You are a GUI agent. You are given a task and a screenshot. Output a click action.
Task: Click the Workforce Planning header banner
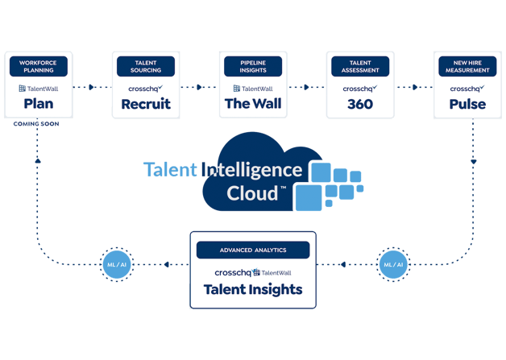tap(39, 66)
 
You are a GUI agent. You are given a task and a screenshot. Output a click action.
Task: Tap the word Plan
tap(39, 104)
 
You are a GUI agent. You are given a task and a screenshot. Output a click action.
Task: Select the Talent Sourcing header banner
tap(146, 66)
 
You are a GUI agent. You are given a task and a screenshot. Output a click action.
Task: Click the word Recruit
tap(146, 104)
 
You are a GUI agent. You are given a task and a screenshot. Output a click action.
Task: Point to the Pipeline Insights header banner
tap(253, 66)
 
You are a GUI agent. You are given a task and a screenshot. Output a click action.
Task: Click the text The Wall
tap(253, 104)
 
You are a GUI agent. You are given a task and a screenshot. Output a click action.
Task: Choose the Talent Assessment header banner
tap(360, 66)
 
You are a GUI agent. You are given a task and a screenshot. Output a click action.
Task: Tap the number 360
tap(360, 104)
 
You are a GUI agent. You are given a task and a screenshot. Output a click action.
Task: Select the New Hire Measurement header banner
tap(467, 66)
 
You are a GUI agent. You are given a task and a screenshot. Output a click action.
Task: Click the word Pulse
tap(467, 104)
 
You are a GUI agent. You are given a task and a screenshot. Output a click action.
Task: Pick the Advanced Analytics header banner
tap(253, 250)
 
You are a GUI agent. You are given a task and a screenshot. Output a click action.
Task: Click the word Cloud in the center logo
tap(251, 193)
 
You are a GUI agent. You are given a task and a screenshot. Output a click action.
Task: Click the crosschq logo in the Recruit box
tap(146, 89)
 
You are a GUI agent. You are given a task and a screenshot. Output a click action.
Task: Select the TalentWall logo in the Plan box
tap(39, 89)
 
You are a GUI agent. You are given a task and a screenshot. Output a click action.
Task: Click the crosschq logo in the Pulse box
tap(467, 89)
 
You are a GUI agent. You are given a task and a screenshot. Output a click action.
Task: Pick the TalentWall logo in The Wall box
tap(253, 89)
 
